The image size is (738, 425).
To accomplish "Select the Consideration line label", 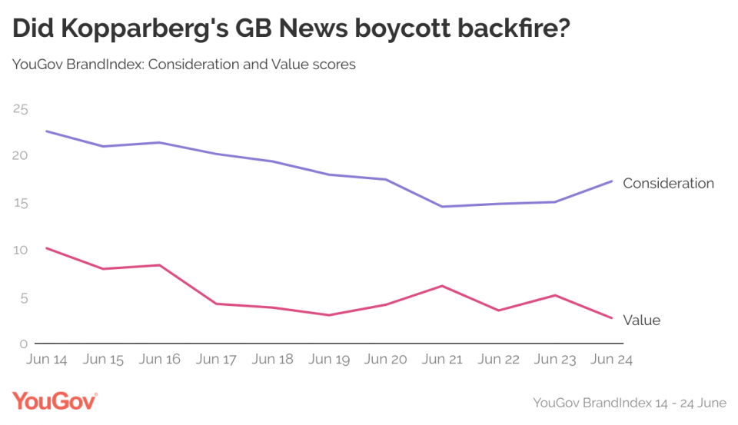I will (668, 184).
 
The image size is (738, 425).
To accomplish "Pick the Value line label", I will (641, 320).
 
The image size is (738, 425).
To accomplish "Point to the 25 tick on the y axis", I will (20, 109).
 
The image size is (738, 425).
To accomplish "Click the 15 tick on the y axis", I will (20, 204).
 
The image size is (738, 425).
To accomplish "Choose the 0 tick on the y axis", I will (23, 344).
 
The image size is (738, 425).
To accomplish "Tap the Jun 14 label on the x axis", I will (48, 359).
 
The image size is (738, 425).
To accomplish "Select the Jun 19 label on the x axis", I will (330, 359).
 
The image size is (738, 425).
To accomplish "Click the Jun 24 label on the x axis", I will (612, 359).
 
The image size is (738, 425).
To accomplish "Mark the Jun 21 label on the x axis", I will (443, 359).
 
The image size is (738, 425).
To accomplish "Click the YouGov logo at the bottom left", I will (55, 401).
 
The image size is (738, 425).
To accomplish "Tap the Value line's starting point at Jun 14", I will (48, 248).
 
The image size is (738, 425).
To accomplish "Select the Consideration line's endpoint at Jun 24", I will (612, 181).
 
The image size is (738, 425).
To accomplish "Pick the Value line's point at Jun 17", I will (217, 304).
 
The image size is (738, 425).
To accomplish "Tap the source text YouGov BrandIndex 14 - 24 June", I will (628, 402).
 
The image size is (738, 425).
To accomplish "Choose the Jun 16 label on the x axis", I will (161, 359).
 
